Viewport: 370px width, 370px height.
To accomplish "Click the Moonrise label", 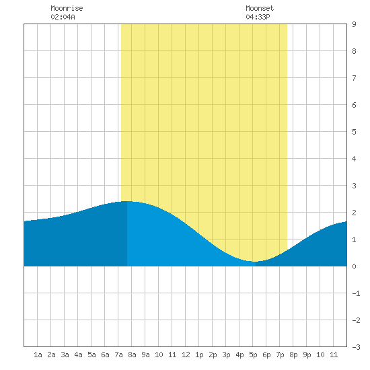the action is tap(67, 8).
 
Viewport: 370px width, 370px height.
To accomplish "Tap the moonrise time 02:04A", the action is tap(63, 17).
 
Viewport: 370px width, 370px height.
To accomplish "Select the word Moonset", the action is tap(260, 8).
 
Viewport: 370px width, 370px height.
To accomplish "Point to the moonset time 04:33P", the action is tap(258, 17).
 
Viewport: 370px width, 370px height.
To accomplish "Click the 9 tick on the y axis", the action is tap(354, 24).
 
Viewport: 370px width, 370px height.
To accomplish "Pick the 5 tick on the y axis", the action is tap(354, 132).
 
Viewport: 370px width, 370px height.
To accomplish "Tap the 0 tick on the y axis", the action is tap(354, 266).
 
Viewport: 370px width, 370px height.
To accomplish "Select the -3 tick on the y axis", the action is tap(356, 347).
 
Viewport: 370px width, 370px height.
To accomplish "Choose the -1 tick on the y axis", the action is tap(356, 293).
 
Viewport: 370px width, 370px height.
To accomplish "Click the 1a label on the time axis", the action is tap(38, 355).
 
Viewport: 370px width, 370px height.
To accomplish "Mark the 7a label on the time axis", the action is tap(118, 355).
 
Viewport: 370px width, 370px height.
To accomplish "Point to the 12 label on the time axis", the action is tap(186, 355).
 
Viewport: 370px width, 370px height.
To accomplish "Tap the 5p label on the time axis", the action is tap(253, 355).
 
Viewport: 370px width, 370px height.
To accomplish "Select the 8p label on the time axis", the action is tap(293, 355).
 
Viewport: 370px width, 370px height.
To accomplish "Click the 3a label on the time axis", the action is tap(65, 355).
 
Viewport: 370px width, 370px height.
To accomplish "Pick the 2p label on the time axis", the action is tap(213, 355).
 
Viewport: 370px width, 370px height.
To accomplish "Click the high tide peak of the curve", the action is tap(127, 201).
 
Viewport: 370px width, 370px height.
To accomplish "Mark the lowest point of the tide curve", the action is tap(256, 262).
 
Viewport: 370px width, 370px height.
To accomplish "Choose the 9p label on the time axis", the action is tap(307, 355).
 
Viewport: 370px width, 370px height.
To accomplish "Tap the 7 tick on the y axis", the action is tap(354, 78).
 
